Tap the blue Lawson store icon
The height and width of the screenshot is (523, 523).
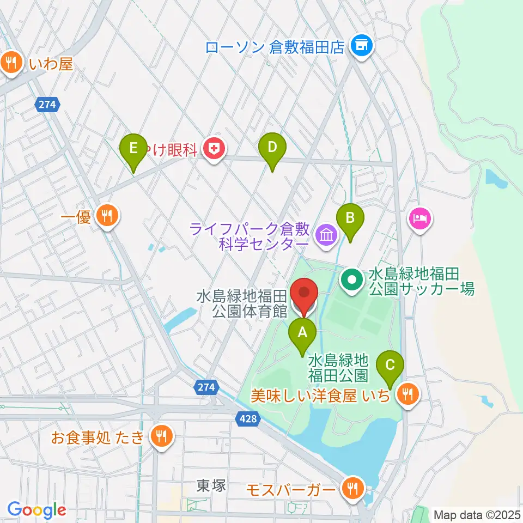click(x=361, y=46)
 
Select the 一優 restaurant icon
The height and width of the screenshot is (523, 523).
click(x=107, y=217)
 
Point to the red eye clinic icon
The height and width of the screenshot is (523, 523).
click(x=215, y=149)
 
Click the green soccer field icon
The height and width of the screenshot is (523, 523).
click(x=352, y=281)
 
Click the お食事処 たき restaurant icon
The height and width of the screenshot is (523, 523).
click(x=161, y=436)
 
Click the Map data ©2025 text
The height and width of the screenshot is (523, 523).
click(x=477, y=513)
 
